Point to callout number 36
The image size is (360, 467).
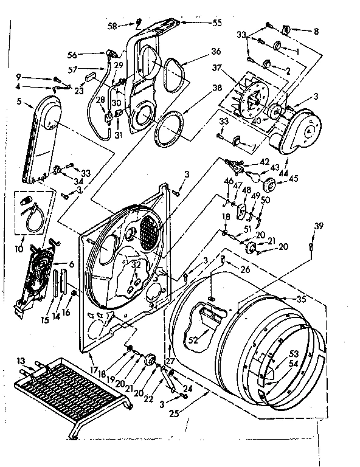[x=199, y=51]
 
